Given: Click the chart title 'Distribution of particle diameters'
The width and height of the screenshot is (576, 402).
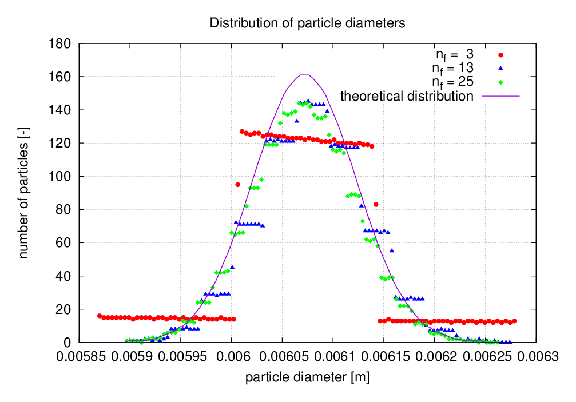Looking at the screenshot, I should pos(307,23).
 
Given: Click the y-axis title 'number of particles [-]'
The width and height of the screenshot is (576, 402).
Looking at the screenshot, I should pos(24,193).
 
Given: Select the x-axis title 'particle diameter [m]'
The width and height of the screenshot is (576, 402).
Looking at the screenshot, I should pos(307,377).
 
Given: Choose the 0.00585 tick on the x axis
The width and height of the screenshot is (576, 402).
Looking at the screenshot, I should pos(79,357).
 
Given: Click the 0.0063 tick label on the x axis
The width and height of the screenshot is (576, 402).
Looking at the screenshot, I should pos(535,357).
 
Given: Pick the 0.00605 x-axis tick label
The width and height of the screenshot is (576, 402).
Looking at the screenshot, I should pos(282,357).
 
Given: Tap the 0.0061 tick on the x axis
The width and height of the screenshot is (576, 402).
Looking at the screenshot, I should pos(333,357).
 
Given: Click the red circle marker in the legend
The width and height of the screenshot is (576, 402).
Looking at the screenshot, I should pos(500,55).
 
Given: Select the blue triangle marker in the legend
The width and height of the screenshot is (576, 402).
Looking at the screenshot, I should pos(500,68).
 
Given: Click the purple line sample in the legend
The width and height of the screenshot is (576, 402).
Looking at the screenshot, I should pos(500,95).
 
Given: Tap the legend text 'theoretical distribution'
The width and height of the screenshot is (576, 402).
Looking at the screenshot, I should pos(407,95).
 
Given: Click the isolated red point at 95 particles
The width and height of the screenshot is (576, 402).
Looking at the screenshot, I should pos(237,184).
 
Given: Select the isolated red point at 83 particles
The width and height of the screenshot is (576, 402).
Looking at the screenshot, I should pos(376,204).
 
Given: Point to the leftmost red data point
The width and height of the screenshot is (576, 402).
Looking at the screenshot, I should pos(100,316).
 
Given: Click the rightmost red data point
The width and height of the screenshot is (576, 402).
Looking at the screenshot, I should pos(514,321).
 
